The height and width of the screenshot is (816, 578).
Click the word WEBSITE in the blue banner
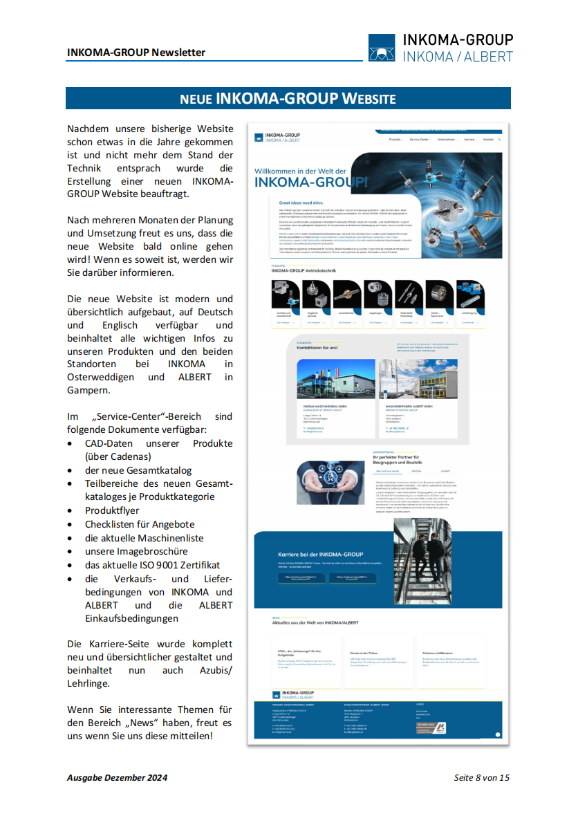[x=368, y=99]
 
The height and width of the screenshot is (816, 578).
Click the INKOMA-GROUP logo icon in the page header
[x=382, y=48]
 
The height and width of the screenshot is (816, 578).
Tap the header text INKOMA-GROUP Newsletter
[x=136, y=53]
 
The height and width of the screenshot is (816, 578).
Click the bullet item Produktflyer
[x=112, y=510]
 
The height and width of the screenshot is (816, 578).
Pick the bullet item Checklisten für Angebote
[x=140, y=524]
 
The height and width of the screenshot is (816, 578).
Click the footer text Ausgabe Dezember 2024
[x=117, y=778]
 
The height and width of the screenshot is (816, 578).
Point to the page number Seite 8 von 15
[x=481, y=778]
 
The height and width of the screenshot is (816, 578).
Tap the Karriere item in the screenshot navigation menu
[x=469, y=140]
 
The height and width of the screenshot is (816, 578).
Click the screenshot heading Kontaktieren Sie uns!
[x=317, y=348]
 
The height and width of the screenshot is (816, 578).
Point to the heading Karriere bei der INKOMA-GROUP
[x=319, y=555]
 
